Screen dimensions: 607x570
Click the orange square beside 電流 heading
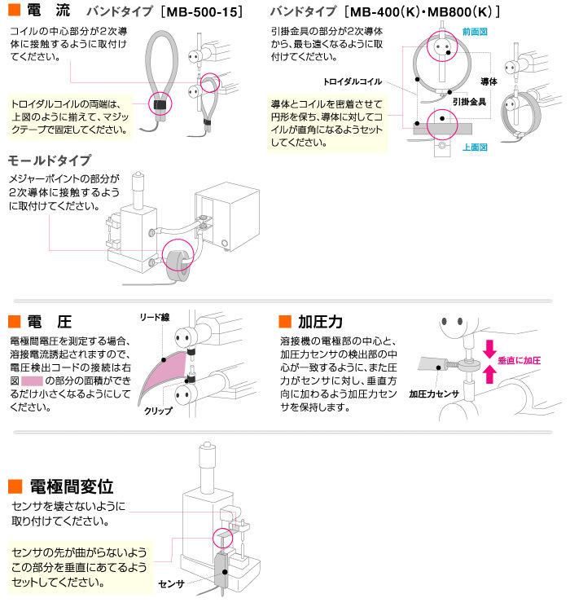tap(13, 12)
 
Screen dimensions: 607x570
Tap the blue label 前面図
tap(474, 30)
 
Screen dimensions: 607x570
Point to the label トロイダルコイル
tap(349, 83)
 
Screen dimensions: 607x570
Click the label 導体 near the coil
tap(489, 82)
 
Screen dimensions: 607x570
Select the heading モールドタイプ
tap(50, 160)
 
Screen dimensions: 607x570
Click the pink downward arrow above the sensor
tap(489, 349)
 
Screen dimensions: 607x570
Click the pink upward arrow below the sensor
tap(489, 373)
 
